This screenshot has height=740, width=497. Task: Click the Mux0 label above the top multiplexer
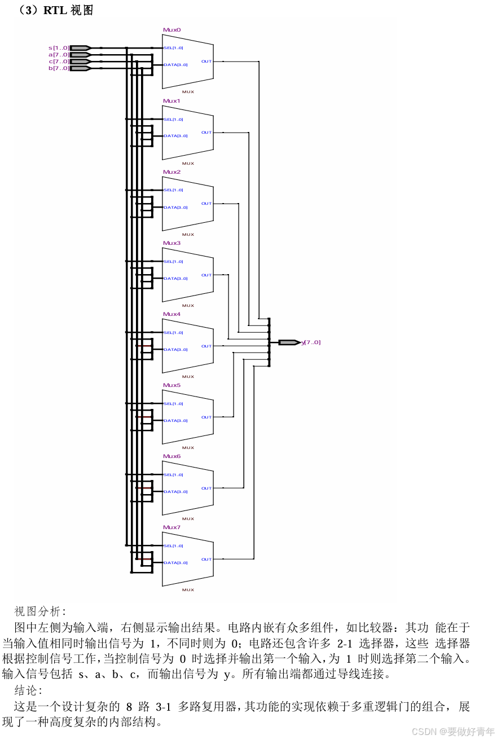pyautogui.click(x=171, y=30)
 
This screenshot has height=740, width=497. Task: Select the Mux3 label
pyautogui.click(x=171, y=243)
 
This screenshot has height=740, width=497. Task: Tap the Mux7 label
pyautogui.click(x=171, y=527)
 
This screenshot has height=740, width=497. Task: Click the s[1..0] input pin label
pyautogui.click(x=59, y=48)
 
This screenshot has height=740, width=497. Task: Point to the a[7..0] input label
pyautogui.click(x=59, y=55)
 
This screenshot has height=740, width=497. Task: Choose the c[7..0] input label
pyautogui.click(x=59, y=61)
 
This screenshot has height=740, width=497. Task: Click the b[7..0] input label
pyautogui.click(x=59, y=68)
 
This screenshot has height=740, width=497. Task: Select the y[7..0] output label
pyautogui.click(x=311, y=342)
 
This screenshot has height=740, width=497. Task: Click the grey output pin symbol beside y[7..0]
pyautogui.click(x=289, y=342)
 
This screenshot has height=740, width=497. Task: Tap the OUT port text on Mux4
pyautogui.click(x=206, y=346)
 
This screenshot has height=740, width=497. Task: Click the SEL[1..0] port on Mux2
pyautogui.click(x=173, y=190)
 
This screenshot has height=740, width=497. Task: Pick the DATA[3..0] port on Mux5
pyautogui.click(x=175, y=420)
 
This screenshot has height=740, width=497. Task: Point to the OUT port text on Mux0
pyautogui.click(x=206, y=61)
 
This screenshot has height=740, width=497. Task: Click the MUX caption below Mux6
pyautogui.click(x=188, y=518)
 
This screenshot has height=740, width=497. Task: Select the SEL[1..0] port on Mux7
pyautogui.click(x=173, y=545)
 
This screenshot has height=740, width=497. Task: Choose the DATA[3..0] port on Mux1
pyautogui.click(x=175, y=136)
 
